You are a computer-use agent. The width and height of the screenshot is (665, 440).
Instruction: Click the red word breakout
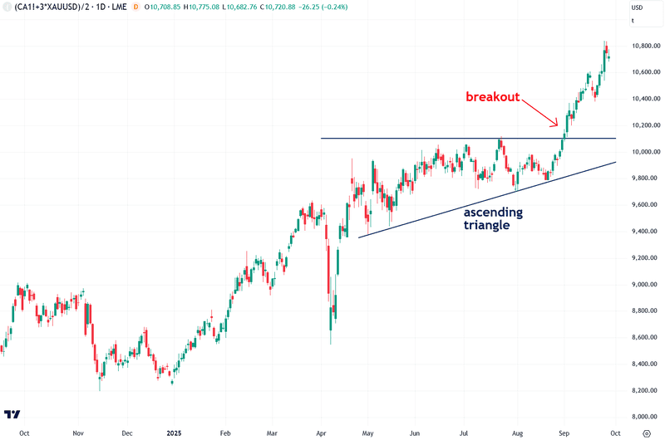[x=492, y=97]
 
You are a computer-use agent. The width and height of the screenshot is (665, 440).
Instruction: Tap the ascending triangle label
[x=493, y=218]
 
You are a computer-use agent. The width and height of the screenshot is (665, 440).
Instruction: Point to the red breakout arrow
[x=541, y=113]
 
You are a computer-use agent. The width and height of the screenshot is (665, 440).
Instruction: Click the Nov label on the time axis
[x=77, y=433]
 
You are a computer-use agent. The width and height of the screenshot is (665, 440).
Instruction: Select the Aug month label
[x=518, y=433]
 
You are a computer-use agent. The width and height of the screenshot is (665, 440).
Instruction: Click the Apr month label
[x=322, y=433]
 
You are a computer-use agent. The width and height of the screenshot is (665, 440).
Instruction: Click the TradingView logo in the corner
[x=12, y=414]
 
